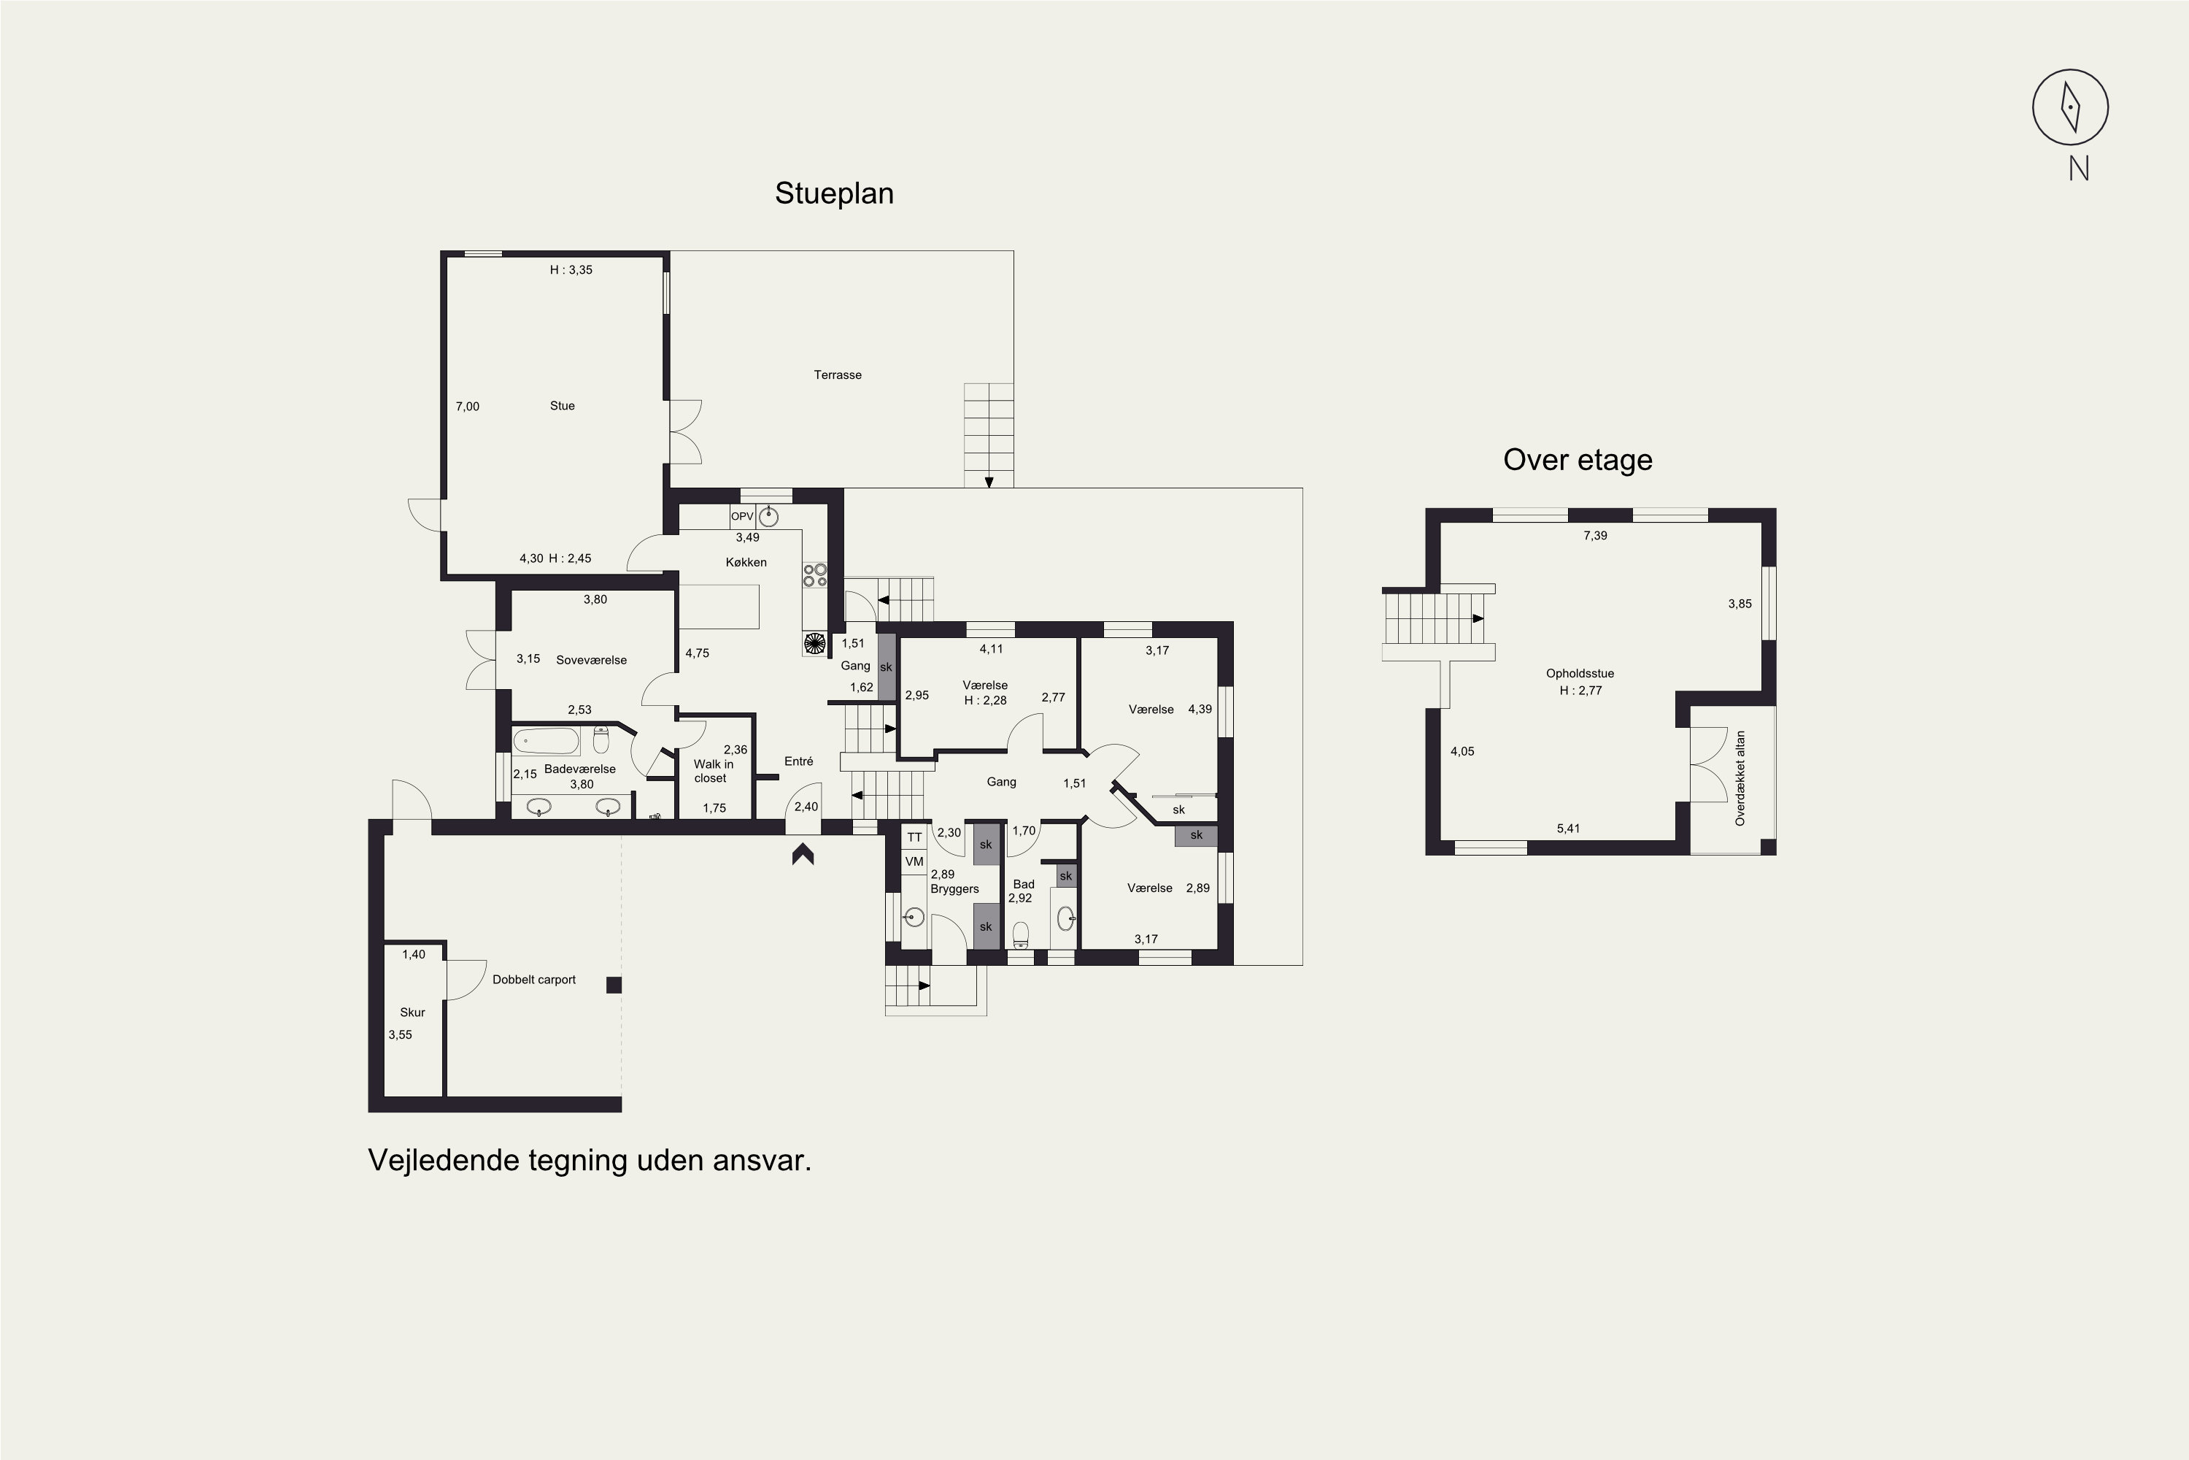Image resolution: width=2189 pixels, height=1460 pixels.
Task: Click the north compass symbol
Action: coord(2070,107)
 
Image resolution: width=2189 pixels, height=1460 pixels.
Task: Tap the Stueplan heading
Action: coord(834,193)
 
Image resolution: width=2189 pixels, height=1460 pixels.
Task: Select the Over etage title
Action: coord(1578,460)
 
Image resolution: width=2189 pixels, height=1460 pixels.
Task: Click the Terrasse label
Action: coord(838,375)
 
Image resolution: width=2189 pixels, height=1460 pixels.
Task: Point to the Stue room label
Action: coord(562,406)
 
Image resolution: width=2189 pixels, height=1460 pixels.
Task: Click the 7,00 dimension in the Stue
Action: coord(467,407)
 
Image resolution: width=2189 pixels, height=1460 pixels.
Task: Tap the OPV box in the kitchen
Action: coord(742,517)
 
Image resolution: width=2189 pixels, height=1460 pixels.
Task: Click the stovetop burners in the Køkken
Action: coord(815,575)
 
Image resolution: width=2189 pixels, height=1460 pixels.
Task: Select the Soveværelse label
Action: coord(591,660)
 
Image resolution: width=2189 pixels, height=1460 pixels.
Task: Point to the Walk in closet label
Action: coord(713,771)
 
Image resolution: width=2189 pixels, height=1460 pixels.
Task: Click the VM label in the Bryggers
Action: coord(914,862)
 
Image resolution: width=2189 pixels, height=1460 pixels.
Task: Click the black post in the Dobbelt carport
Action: coord(614,985)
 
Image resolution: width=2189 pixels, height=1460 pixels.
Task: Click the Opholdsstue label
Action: coord(1580,674)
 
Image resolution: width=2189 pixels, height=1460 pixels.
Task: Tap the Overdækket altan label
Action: coord(1740,778)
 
